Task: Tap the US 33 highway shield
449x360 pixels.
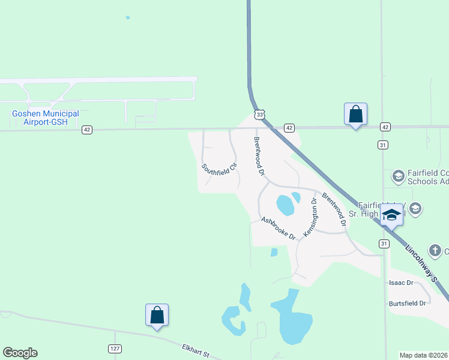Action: (259, 114)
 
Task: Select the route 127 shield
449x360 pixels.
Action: (115, 349)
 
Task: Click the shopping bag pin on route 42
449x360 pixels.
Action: (355, 114)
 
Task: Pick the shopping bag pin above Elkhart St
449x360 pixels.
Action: (157, 315)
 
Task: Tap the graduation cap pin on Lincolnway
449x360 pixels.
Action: (391, 215)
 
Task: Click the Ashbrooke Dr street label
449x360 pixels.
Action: (279, 228)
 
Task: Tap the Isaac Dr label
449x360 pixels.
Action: (402, 283)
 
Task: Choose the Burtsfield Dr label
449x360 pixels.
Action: (408, 304)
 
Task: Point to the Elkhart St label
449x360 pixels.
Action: (195, 350)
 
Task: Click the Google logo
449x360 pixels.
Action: (20, 353)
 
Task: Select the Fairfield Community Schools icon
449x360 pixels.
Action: (397, 176)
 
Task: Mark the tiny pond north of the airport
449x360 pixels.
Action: (128, 17)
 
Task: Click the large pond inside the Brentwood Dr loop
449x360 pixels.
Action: (285, 205)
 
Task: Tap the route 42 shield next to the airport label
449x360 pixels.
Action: (87, 130)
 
